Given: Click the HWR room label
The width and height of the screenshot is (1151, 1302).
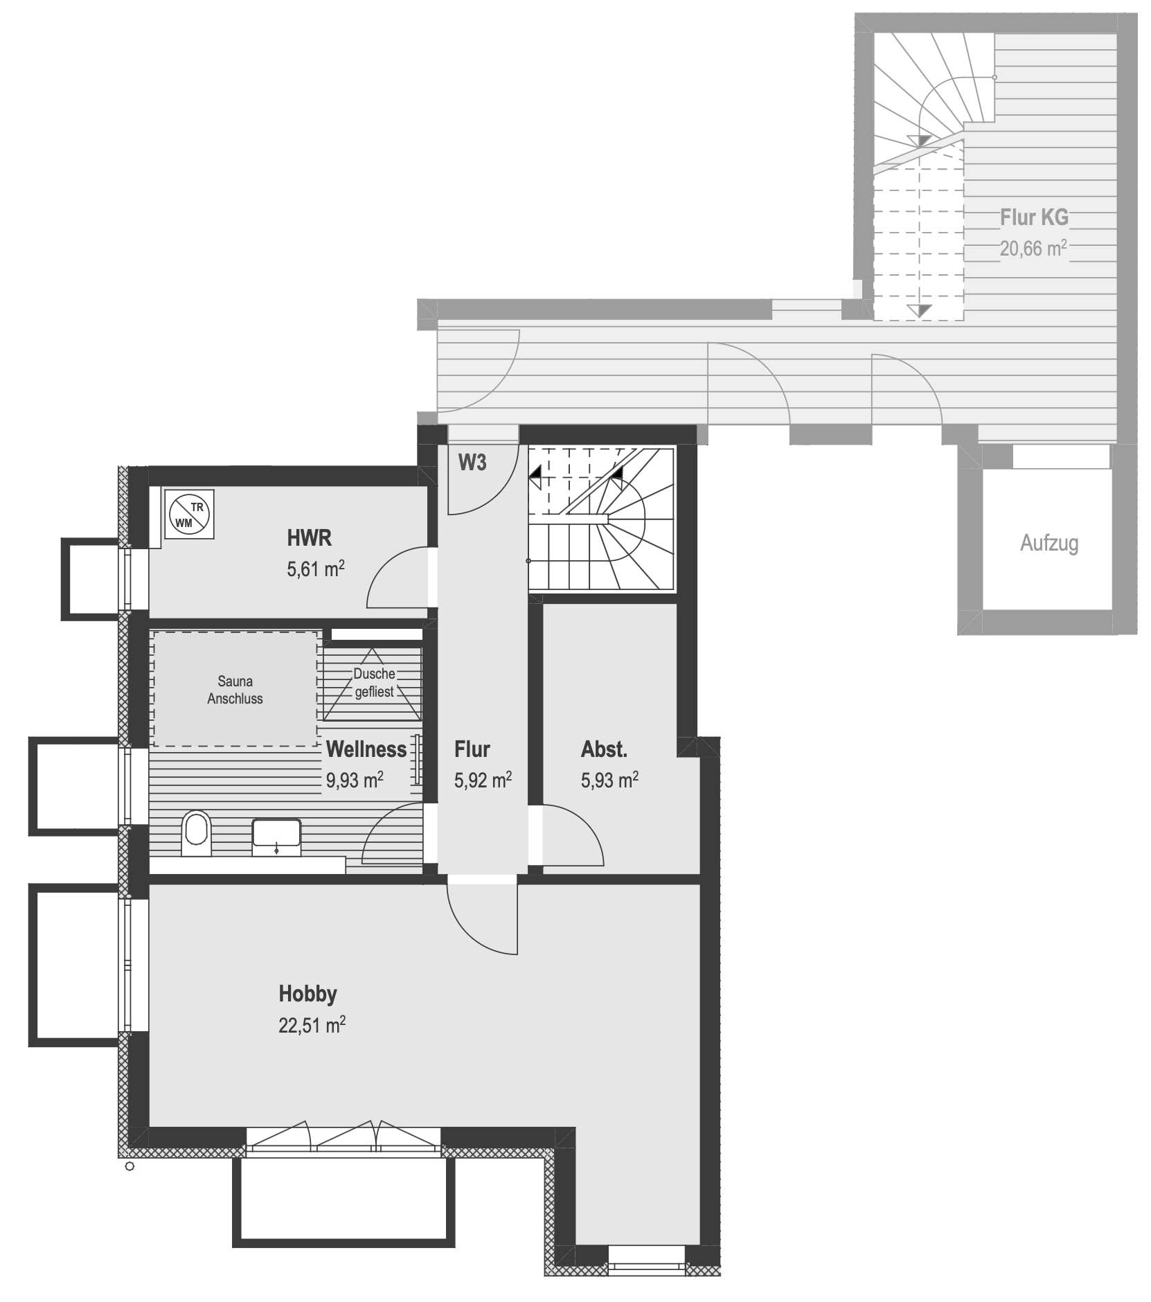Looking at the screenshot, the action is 309,537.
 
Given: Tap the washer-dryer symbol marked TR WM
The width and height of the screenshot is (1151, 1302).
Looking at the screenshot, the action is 189,514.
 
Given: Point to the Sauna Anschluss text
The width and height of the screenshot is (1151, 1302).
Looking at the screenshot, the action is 235,690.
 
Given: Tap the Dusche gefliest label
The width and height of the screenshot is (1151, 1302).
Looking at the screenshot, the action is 374,682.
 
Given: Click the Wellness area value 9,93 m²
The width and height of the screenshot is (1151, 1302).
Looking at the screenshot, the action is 355,780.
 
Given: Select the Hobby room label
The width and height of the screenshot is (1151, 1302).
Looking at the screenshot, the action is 307,994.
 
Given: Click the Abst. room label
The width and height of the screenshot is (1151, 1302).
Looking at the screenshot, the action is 604,749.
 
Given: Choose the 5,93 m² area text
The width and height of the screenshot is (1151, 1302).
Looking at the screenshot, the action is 609,780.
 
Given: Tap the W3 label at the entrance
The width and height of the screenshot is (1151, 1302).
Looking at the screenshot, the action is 472,463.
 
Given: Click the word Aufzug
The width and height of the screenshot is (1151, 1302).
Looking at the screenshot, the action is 1049,543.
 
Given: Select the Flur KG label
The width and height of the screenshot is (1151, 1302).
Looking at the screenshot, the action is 1034,217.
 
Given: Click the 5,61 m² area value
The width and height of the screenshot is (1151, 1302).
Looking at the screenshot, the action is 316,569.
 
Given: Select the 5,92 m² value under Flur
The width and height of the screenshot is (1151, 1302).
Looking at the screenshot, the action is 483,780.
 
